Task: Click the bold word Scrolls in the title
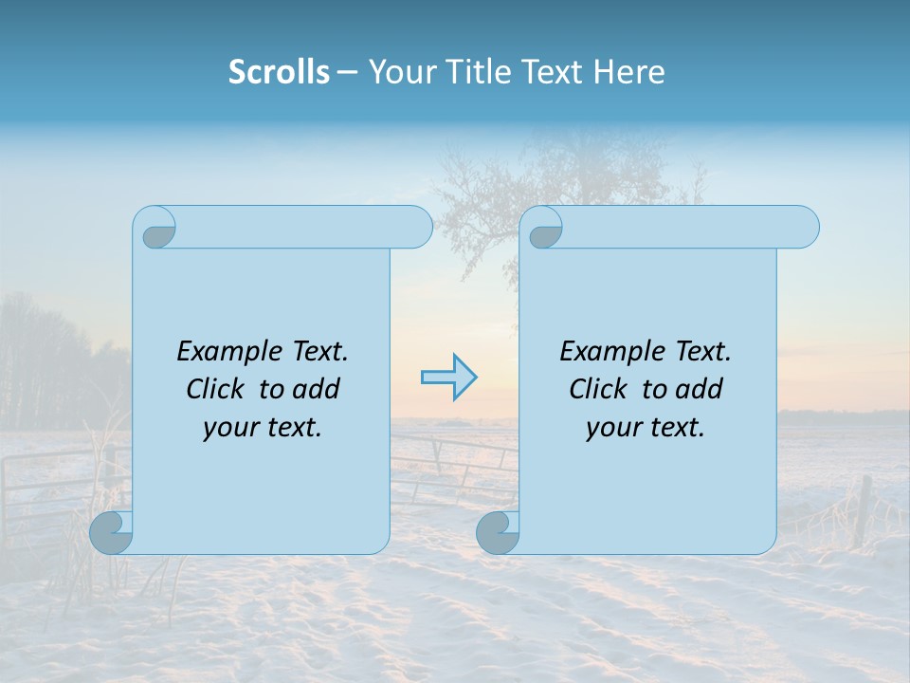click(279, 72)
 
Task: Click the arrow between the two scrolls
click(448, 378)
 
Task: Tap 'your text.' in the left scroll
click(263, 427)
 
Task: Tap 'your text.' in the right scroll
click(646, 427)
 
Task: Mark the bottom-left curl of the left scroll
click(111, 532)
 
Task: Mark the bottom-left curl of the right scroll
click(498, 532)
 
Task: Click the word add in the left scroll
click(317, 389)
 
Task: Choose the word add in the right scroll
click(700, 389)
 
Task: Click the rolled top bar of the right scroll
click(682, 227)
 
